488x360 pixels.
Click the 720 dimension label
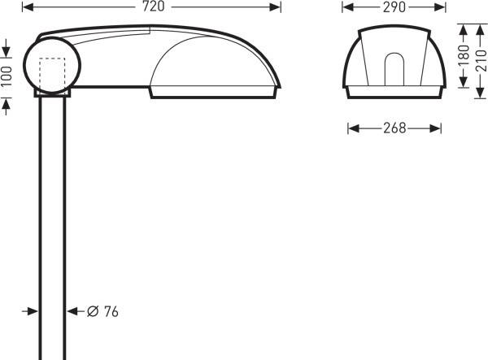pyautogui.click(x=152, y=7)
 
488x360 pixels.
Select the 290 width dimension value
pyautogui.click(x=394, y=7)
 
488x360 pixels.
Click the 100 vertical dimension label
pyautogui.click(x=7, y=78)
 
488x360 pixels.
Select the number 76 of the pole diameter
pyautogui.click(x=111, y=312)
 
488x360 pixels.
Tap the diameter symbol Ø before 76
pyautogui.click(x=92, y=312)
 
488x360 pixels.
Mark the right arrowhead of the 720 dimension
pyautogui.click(x=277, y=7)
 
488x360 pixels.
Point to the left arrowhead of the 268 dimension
pyautogui.click(x=352, y=128)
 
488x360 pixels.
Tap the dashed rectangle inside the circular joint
pyautogui.click(x=52, y=74)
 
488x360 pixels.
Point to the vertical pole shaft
pyautogui.click(x=52, y=228)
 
